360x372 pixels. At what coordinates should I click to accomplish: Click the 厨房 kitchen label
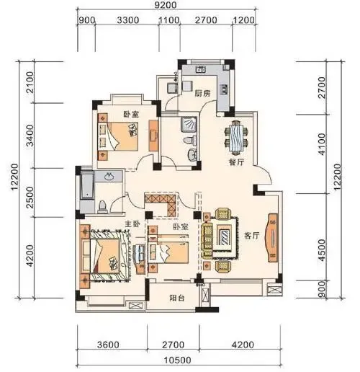click(202, 93)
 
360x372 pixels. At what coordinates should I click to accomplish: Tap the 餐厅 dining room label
click(236, 162)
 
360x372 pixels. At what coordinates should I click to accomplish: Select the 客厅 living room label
click(251, 236)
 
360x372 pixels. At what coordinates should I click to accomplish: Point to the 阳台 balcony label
click(177, 298)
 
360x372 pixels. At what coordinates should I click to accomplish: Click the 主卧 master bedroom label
click(132, 223)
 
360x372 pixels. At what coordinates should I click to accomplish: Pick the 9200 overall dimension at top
click(166, 5)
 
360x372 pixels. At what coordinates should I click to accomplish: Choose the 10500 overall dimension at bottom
click(178, 360)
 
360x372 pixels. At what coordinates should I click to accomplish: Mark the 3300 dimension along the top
click(128, 20)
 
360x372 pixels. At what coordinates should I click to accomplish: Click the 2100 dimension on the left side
click(30, 82)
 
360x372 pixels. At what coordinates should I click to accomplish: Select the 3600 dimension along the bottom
click(108, 345)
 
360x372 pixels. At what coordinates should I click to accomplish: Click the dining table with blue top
click(236, 138)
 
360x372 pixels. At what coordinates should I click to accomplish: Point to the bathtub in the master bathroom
click(86, 185)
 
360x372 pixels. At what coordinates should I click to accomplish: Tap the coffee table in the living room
click(225, 237)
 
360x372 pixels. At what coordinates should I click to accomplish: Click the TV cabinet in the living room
click(272, 237)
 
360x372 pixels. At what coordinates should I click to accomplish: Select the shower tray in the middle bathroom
click(189, 125)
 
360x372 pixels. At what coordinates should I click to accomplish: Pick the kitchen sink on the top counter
click(201, 70)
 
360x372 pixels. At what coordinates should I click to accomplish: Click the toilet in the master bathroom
click(103, 207)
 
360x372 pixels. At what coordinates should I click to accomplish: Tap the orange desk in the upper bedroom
click(153, 136)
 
